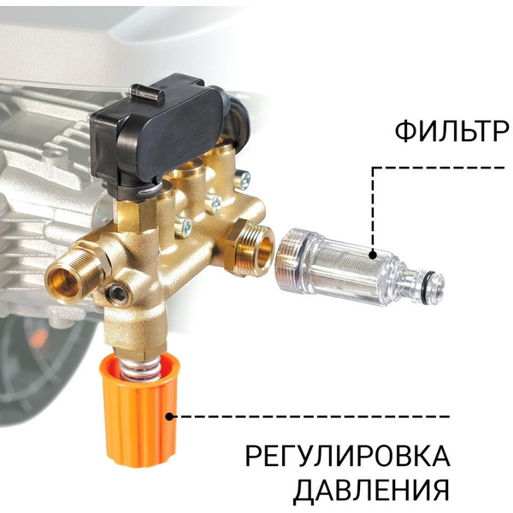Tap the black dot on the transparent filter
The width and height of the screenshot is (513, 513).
[374, 254]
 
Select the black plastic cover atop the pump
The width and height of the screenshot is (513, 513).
[162, 128]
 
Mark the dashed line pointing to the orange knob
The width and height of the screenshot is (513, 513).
[308, 417]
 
